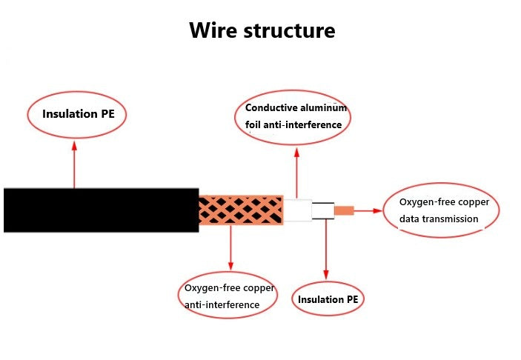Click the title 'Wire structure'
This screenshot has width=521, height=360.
pos(262,30)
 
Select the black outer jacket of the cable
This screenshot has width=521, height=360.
pos(101,210)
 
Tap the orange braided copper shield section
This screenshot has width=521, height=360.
pos(241,210)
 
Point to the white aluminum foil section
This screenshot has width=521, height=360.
pos(297,210)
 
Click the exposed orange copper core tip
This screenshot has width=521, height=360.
pos(344,210)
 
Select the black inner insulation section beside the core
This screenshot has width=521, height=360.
pos(323,210)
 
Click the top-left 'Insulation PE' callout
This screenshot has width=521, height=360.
pos(76,114)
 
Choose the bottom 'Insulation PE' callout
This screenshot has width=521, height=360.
pos(327,299)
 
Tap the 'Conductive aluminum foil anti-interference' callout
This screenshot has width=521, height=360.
pos(296,116)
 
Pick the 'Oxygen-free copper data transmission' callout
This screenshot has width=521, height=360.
pos(442,210)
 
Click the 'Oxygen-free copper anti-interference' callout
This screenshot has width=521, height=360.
pos(228,295)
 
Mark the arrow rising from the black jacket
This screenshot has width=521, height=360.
pos(74,164)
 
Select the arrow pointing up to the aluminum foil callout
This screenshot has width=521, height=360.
pos(296,172)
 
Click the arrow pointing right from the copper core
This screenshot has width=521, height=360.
pos(368,210)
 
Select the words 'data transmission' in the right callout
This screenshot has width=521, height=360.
pos(439,219)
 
